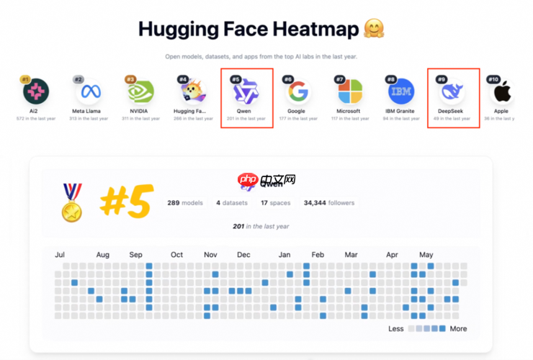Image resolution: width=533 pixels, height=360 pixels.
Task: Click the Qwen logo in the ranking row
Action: [x=246, y=92]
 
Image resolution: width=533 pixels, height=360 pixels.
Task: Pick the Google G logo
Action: [x=297, y=92]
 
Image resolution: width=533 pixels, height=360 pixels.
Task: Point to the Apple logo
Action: [x=502, y=92]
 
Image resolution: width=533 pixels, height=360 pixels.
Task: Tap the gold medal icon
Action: [x=71, y=202]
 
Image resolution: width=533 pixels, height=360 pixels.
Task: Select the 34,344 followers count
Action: [x=329, y=203]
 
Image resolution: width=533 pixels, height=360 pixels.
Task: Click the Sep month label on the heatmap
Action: [x=136, y=254]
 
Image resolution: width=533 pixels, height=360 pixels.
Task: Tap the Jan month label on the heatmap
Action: [x=285, y=254]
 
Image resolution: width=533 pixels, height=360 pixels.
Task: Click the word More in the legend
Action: [x=458, y=328]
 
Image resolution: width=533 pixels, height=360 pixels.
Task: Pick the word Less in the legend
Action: [x=396, y=328]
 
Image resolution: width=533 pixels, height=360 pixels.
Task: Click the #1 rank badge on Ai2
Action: [x=24, y=79]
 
